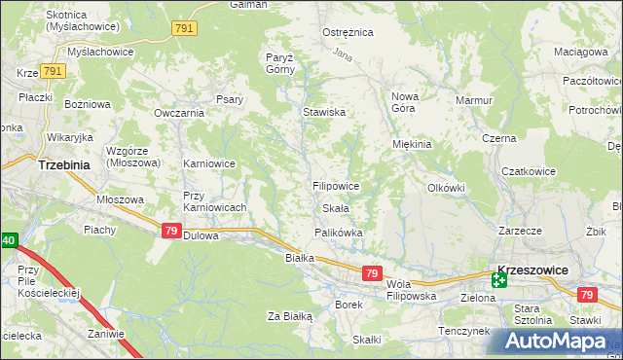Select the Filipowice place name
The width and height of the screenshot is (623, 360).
tap(337, 185)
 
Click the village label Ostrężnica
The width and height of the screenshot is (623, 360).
tap(348, 32)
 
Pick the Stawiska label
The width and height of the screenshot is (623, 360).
tap(324, 112)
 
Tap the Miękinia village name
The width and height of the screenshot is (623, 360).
tap(411, 144)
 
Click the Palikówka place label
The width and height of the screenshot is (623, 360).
tap(339, 233)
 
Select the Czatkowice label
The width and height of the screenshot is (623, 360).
tap(528, 171)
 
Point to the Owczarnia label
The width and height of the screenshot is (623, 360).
tap(178, 113)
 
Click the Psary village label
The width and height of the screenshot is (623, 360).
tap(230, 98)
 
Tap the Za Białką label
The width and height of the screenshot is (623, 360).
tap(289, 315)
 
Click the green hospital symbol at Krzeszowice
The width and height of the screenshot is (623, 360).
tap(498, 280)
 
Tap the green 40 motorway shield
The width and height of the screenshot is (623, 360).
tap(8, 240)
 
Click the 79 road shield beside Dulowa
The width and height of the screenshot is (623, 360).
tap(170, 231)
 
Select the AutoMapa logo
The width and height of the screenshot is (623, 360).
tap(556, 342)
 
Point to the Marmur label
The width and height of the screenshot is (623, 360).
tap(474, 99)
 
